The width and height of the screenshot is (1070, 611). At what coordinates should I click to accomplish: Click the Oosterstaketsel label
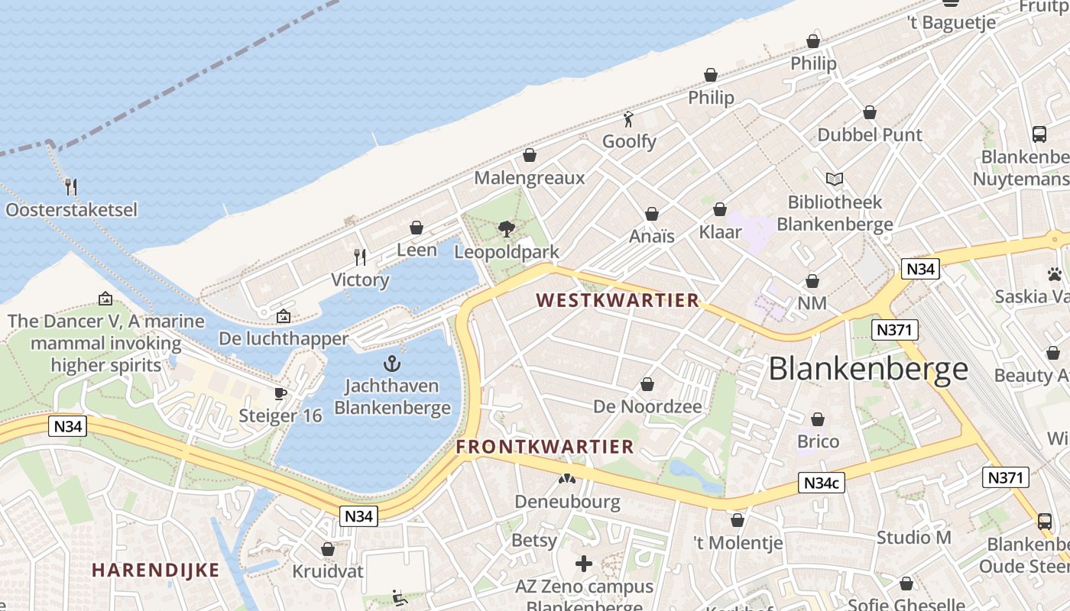[x=71, y=209]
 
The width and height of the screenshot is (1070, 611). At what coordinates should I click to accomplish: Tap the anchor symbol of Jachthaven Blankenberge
[x=392, y=364]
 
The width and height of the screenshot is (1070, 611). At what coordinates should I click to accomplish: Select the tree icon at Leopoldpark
[x=506, y=228]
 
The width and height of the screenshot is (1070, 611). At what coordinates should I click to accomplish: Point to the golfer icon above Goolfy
[x=629, y=119]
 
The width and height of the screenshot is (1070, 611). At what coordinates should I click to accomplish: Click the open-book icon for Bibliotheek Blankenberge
[x=835, y=179]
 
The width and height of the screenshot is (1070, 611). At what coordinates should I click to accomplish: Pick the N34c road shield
[x=822, y=483]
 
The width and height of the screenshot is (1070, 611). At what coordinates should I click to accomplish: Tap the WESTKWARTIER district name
[x=618, y=300]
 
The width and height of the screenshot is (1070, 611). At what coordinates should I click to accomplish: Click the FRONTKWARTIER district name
[x=545, y=447]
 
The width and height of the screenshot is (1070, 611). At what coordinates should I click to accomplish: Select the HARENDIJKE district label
[x=155, y=570]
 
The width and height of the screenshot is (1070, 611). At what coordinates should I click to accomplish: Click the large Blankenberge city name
[x=868, y=369]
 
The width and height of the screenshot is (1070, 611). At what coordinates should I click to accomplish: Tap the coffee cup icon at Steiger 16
[x=280, y=393]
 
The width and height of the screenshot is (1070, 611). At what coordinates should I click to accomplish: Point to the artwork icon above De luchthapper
[x=284, y=315]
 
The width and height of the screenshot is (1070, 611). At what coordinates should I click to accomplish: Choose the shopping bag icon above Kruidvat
[x=328, y=549]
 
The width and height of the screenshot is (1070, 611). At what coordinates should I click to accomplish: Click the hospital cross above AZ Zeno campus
[x=584, y=564]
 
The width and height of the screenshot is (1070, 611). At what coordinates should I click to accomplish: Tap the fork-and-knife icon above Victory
[x=360, y=257]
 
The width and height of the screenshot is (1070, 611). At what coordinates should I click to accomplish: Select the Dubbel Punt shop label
[x=870, y=135]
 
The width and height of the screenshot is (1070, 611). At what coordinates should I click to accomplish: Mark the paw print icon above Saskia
[x=1055, y=273]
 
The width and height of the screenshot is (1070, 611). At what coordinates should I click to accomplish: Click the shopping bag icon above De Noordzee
[x=647, y=384]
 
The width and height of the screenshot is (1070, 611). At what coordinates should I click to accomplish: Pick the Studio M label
[x=914, y=538]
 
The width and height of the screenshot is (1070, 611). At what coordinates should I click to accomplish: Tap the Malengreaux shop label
[x=529, y=178]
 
